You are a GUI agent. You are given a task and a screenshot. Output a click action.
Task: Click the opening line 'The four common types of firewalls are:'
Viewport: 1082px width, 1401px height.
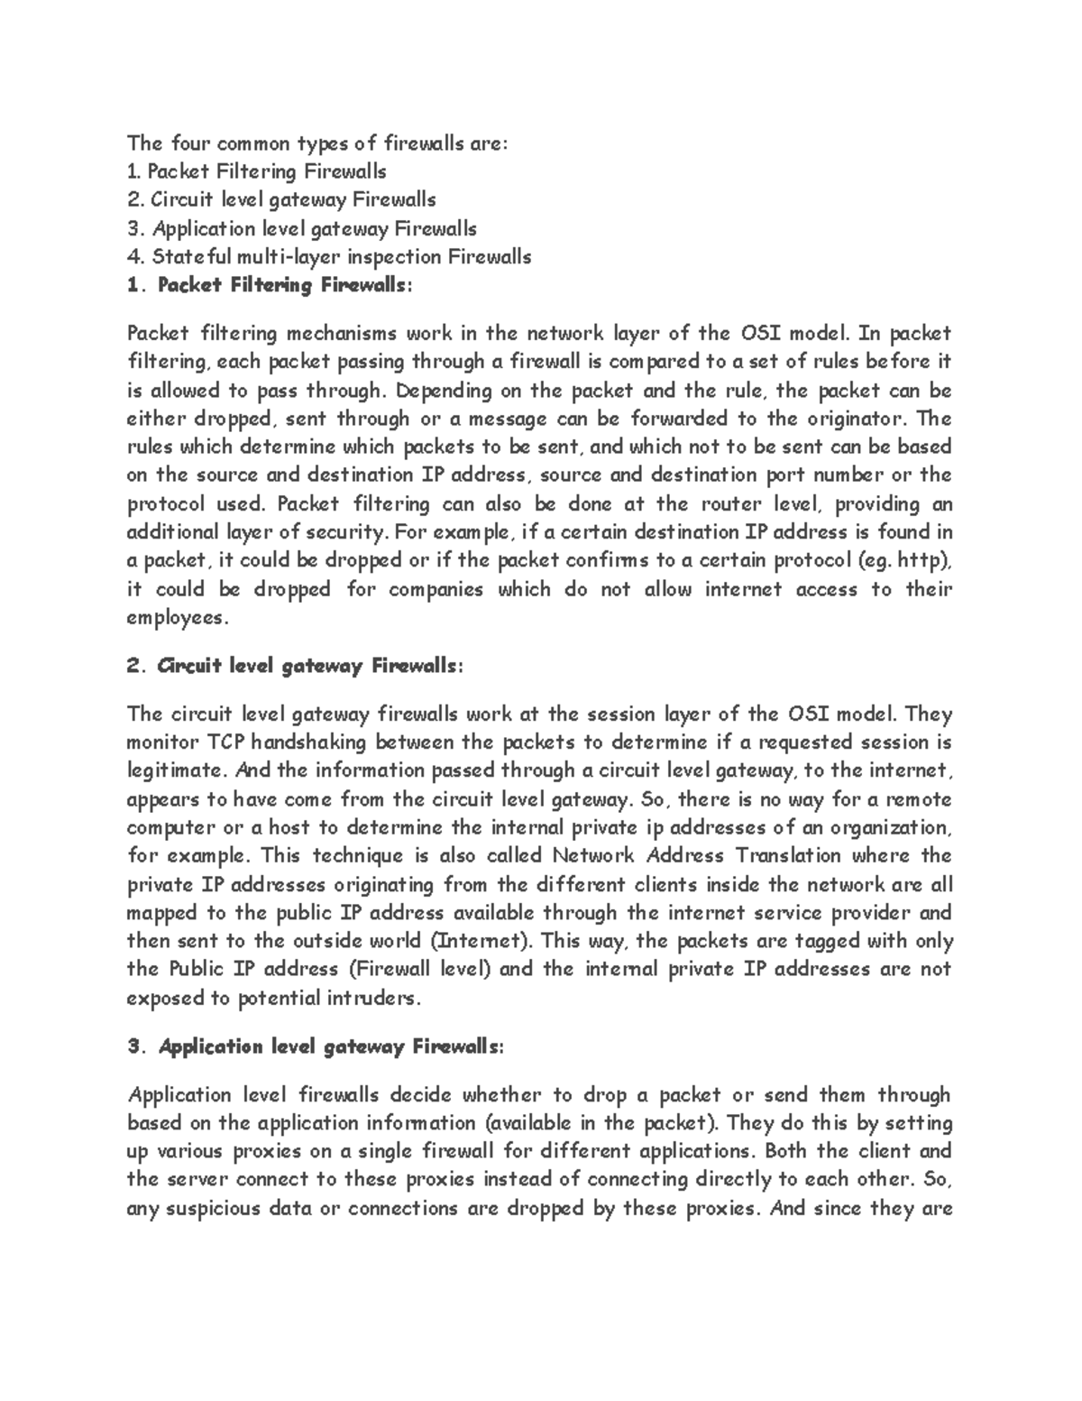tap(317, 143)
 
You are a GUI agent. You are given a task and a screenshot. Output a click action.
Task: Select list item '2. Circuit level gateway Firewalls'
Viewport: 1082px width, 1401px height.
tap(281, 199)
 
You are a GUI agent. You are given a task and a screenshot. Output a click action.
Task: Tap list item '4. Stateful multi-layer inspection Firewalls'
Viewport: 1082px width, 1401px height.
tap(329, 257)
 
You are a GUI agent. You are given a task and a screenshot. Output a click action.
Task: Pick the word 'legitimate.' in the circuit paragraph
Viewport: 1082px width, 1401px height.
tap(175, 771)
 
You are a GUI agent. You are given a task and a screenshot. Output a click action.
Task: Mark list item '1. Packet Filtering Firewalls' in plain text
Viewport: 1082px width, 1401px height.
tap(257, 171)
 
